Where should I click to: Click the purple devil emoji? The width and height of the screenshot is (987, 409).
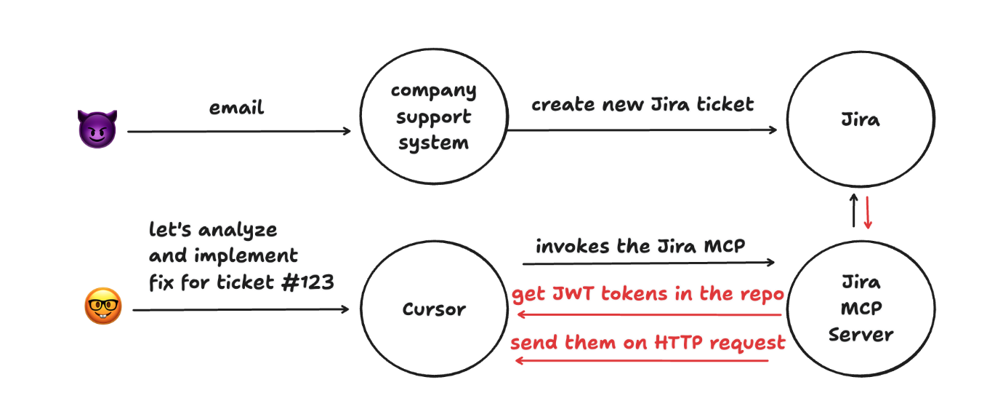pyautogui.click(x=97, y=130)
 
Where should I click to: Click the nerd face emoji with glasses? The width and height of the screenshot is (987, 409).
pyautogui.click(x=102, y=306)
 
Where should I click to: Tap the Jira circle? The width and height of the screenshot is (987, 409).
pyautogui.click(x=861, y=120)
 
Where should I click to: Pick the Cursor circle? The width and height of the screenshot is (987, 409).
pyautogui.click(x=434, y=309)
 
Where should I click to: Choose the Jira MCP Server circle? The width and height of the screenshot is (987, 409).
pyautogui.click(x=861, y=308)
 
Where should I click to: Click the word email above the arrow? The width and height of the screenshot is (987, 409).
pyautogui.click(x=237, y=108)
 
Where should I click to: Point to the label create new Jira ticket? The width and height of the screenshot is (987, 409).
pyautogui.click(x=642, y=104)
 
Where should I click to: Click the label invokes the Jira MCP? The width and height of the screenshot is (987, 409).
pyautogui.click(x=640, y=246)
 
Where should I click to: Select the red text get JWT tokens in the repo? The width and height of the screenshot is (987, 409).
pyautogui.click(x=648, y=294)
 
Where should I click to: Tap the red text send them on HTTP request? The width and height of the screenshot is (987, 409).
pyautogui.click(x=648, y=342)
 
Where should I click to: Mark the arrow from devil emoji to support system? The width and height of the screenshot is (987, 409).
pyautogui.click(x=239, y=132)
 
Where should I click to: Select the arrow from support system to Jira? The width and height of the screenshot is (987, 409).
pyautogui.click(x=642, y=130)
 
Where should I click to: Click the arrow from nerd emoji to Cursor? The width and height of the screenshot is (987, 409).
pyautogui.click(x=241, y=309)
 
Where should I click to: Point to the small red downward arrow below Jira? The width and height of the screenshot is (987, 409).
pyautogui.click(x=869, y=211)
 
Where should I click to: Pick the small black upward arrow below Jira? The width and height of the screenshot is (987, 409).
pyautogui.click(x=855, y=211)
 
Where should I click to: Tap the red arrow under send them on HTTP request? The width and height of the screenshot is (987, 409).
pyautogui.click(x=642, y=360)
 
